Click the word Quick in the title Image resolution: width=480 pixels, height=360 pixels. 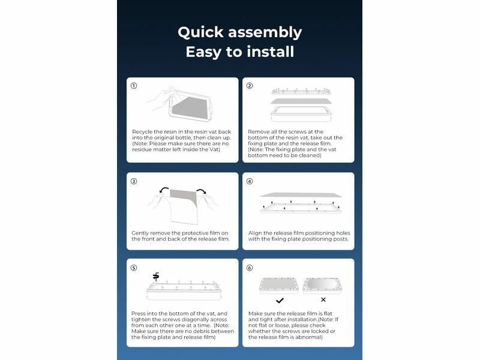(x=200, y=33)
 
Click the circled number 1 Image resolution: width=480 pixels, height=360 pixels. (x=134, y=86)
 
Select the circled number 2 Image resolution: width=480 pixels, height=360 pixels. (x=250, y=86)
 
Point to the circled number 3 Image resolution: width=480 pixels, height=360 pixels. (x=134, y=181)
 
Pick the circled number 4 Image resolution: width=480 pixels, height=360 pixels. (x=250, y=181)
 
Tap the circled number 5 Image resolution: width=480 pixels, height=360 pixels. (x=134, y=268)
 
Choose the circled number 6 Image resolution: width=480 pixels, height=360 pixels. (x=250, y=268)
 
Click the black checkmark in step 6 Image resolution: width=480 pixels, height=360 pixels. (x=280, y=301)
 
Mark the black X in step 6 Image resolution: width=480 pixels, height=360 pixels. (x=323, y=299)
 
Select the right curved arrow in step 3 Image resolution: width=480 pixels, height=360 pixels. (x=202, y=191)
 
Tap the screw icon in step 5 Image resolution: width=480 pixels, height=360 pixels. (x=156, y=277)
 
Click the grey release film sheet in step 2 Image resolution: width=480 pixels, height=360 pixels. (x=301, y=101)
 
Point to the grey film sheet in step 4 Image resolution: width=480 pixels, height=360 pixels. (x=301, y=194)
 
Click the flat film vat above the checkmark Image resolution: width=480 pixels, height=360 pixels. (x=278, y=286)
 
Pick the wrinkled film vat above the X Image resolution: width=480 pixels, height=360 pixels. (x=322, y=286)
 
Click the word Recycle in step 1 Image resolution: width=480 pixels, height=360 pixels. (x=142, y=132)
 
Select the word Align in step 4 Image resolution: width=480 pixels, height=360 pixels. (x=255, y=233)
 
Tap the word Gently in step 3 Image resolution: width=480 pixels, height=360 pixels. (x=141, y=233)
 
